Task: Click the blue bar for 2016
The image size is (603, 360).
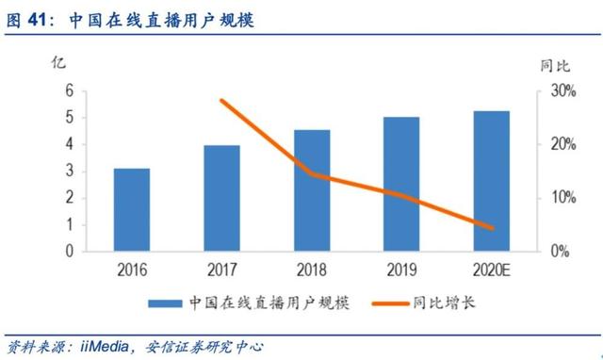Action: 132,210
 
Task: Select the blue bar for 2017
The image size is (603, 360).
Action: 221,198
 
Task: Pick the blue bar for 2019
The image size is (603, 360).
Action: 402,184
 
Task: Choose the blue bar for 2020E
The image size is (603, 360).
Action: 492,181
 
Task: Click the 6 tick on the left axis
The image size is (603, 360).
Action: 70,91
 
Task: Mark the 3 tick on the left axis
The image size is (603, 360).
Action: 70,172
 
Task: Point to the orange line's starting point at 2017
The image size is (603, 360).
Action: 221,100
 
